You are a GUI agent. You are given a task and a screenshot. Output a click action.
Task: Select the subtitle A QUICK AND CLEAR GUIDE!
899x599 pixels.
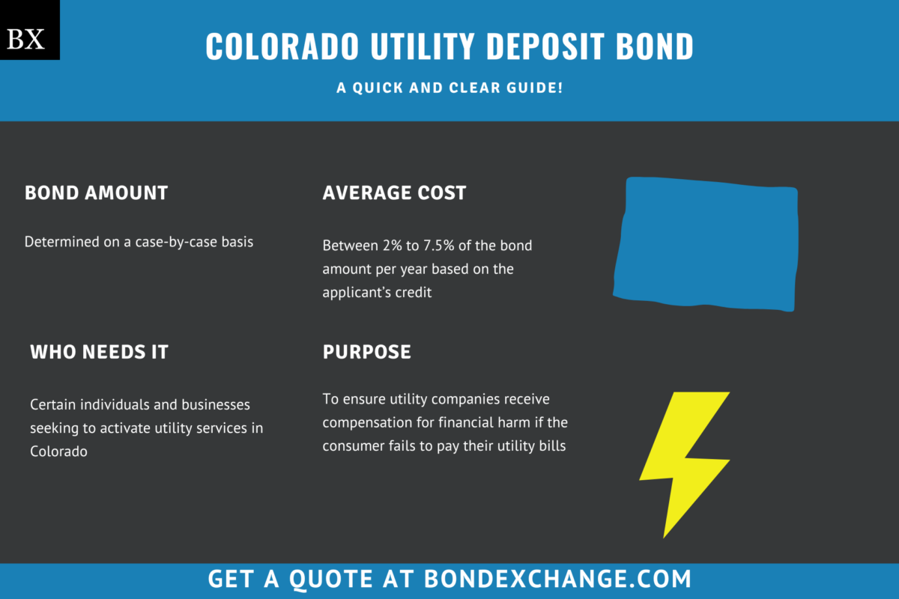click(x=449, y=88)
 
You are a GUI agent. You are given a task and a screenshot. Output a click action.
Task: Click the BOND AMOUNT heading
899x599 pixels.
click(x=96, y=192)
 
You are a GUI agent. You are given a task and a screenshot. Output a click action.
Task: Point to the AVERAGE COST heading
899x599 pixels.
click(x=394, y=192)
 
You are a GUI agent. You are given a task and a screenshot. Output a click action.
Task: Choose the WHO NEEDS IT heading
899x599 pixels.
click(x=99, y=352)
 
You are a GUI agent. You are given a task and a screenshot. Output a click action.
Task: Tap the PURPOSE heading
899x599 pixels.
click(x=366, y=352)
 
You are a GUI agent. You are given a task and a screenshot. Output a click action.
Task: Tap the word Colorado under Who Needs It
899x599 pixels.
click(x=58, y=451)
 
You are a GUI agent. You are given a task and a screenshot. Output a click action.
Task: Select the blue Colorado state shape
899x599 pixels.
click(x=706, y=243)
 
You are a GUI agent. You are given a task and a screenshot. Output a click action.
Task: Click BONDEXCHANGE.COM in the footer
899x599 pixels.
click(x=557, y=579)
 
